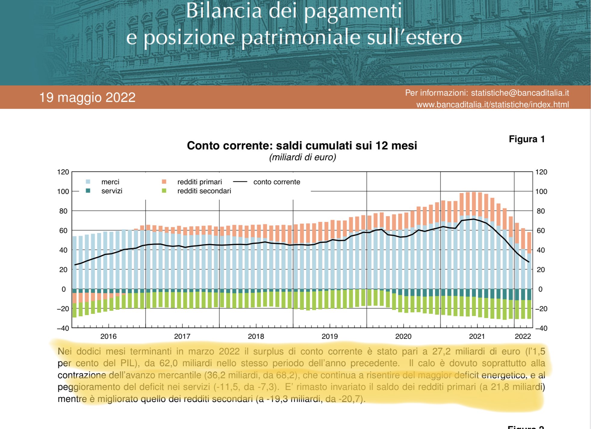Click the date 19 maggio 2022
point(87,97)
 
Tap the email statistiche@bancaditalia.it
point(520,93)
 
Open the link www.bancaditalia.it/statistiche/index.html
point(493,105)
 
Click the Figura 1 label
point(527,139)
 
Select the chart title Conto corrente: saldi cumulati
point(302,146)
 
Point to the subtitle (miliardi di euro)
point(303,157)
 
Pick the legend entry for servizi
point(104,191)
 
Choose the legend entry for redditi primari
point(192,182)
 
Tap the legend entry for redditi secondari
point(197,191)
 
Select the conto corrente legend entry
point(267,182)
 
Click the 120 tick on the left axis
point(63,172)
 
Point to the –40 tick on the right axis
point(541,328)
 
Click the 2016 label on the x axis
point(108,336)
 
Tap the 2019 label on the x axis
point(330,336)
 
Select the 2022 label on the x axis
point(523,336)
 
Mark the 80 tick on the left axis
point(63,211)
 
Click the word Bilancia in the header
point(224,11)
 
